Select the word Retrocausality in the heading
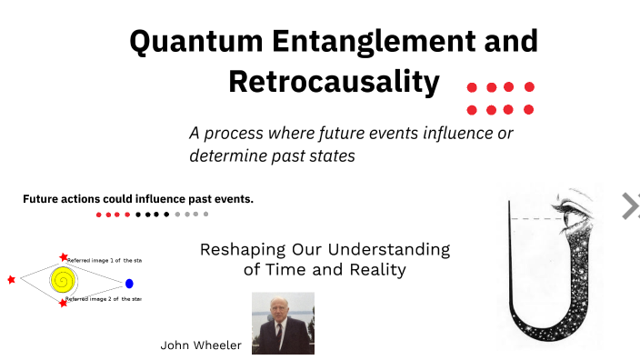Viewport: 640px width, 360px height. tap(334, 82)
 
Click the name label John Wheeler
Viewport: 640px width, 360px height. tap(200, 345)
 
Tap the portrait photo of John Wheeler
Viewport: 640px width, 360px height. tap(283, 323)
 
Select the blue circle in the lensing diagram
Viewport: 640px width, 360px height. tap(129, 284)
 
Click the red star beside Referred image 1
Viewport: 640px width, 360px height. tap(63, 258)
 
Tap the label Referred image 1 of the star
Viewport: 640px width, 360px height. tap(104, 260)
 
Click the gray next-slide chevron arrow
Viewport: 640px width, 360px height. tap(629, 206)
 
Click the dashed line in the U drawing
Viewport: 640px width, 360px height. tap(535, 219)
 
